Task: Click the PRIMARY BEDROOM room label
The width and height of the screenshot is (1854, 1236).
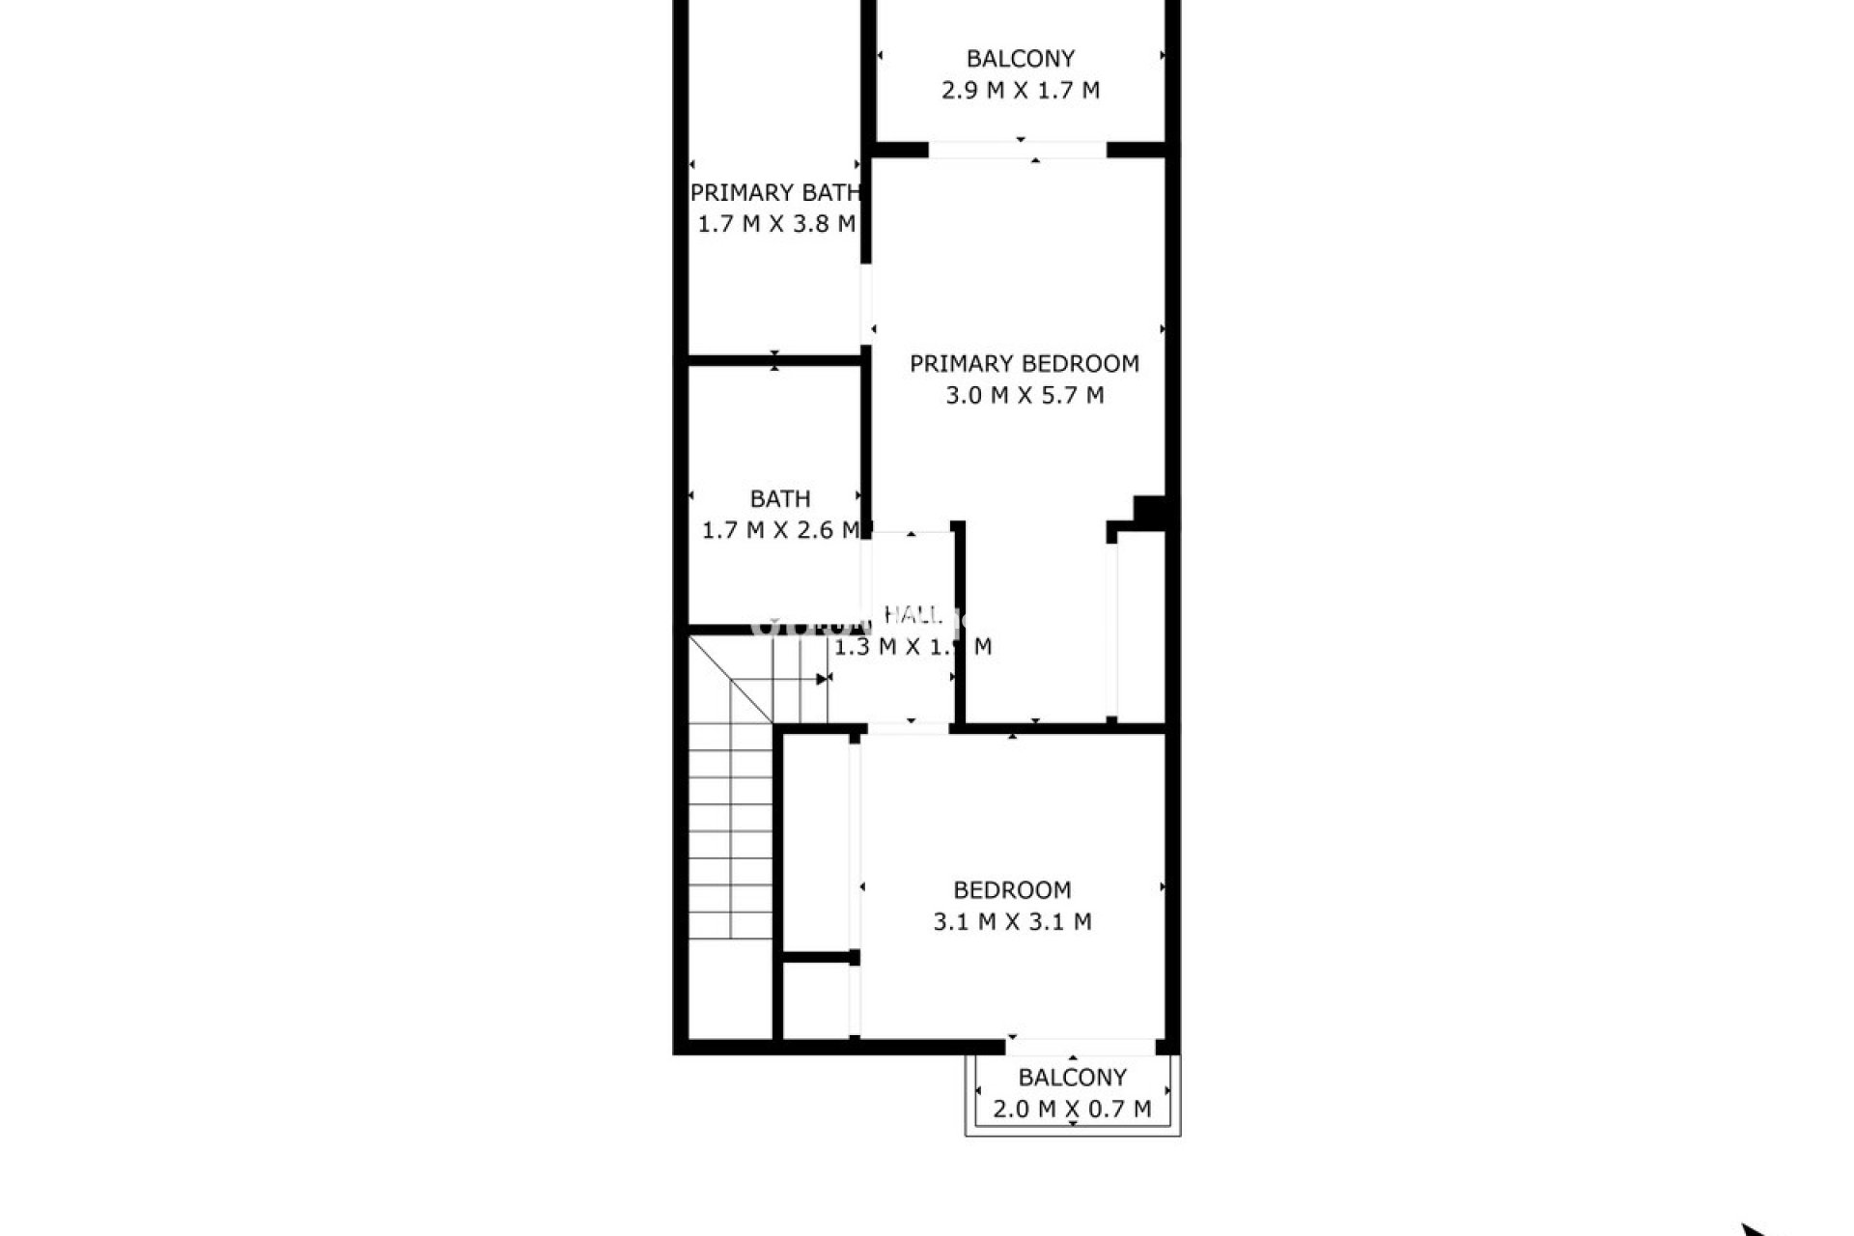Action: point(1024,364)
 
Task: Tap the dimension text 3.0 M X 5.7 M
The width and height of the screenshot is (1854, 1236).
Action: point(1024,395)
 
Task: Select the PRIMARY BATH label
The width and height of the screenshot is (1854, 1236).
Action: point(774,193)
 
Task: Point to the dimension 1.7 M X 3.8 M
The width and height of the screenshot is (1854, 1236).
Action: point(776,224)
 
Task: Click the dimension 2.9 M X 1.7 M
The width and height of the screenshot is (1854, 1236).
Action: point(1020,91)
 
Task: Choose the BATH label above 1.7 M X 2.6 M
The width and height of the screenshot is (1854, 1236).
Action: point(779,499)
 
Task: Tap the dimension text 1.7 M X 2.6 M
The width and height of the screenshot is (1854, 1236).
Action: point(779,530)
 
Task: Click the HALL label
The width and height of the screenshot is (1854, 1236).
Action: point(913,615)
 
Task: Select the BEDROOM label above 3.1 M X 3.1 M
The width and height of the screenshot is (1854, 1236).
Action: point(1012,890)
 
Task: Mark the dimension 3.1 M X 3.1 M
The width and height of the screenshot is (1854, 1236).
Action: point(1012,922)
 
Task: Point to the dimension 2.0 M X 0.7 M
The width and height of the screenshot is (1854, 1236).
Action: point(1072,1110)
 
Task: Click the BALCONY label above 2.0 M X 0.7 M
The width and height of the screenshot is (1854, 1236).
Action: point(1072,1078)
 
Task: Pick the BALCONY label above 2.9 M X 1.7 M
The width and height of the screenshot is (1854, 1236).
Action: point(1020,59)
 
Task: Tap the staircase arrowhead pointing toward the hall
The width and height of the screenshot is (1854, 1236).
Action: point(823,679)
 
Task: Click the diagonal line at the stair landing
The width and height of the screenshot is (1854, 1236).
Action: point(730,678)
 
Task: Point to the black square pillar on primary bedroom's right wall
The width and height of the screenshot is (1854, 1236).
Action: point(1149,510)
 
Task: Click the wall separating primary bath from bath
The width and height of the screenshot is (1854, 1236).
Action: point(774,362)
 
